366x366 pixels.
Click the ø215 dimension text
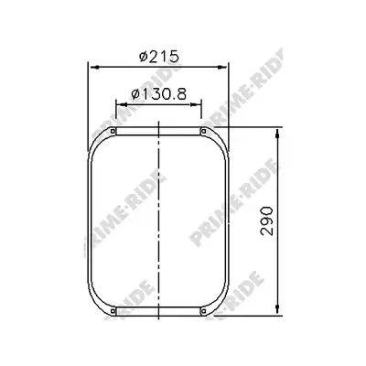[x=158, y=57]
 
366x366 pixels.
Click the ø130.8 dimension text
[x=158, y=94]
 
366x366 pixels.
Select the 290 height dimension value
[x=266, y=221]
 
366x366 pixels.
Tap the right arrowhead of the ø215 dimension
[x=221, y=67]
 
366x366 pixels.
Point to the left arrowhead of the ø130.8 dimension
[x=122, y=104]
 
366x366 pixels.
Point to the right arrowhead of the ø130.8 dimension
[x=195, y=104]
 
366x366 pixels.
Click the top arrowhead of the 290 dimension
[x=277, y=134]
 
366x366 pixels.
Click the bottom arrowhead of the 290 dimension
[x=277, y=308]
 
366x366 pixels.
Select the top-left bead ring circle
[x=113, y=132]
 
